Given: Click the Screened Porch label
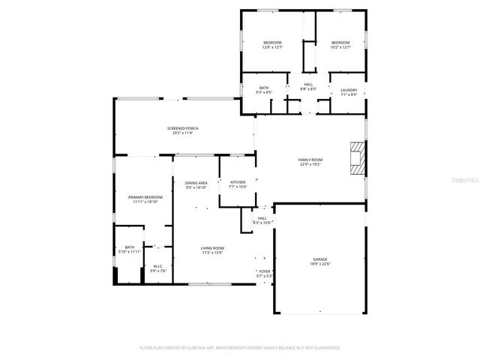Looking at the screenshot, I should pos(182,128).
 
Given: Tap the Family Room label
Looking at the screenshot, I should pos(310,159).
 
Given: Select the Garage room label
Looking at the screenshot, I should pos(319,259).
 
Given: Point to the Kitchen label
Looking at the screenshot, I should pos(238,182).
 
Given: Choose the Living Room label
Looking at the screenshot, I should pos(212,248).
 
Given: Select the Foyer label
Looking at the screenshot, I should pos(264,271).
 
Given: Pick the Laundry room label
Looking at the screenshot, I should pos(349,89).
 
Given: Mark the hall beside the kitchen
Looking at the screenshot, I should pos(262,220).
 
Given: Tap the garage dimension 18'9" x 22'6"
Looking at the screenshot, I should pos(319,264).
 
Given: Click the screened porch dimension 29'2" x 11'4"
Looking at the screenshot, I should pos(182,133).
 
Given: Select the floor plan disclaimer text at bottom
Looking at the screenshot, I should pos(240,348).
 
